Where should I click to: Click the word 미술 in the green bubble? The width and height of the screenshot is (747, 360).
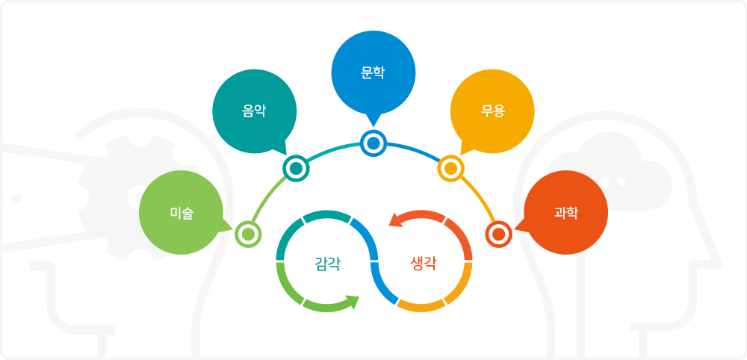(x=182, y=213)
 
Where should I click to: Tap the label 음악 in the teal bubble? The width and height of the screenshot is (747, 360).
(x=254, y=111)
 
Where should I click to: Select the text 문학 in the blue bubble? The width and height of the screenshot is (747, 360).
(x=373, y=73)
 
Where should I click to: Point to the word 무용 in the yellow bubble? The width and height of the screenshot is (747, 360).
(x=492, y=111)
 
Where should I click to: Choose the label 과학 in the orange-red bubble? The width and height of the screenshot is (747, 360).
(x=566, y=213)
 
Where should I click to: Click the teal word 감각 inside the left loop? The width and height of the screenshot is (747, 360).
(x=328, y=264)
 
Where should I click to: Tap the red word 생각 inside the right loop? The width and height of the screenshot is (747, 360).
(x=423, y=264)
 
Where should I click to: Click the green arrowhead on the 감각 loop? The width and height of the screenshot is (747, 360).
(x=353, y=302)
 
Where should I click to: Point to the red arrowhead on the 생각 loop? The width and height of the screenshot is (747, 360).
(x=395, y=220)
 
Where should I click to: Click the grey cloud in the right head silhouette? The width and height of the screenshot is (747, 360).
(x=610, y=172)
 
